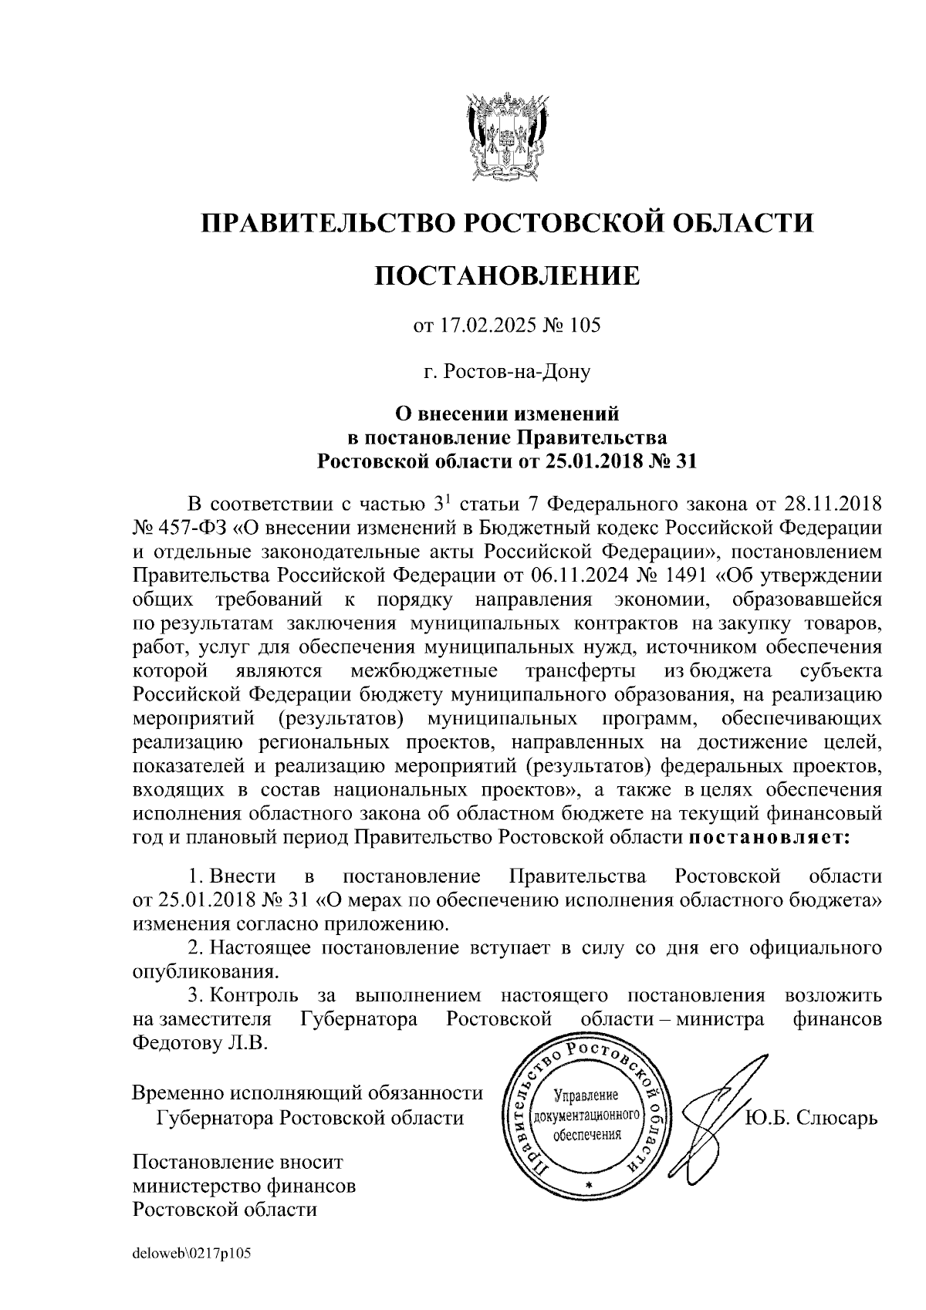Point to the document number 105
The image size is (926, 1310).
[x=583, y=326]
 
